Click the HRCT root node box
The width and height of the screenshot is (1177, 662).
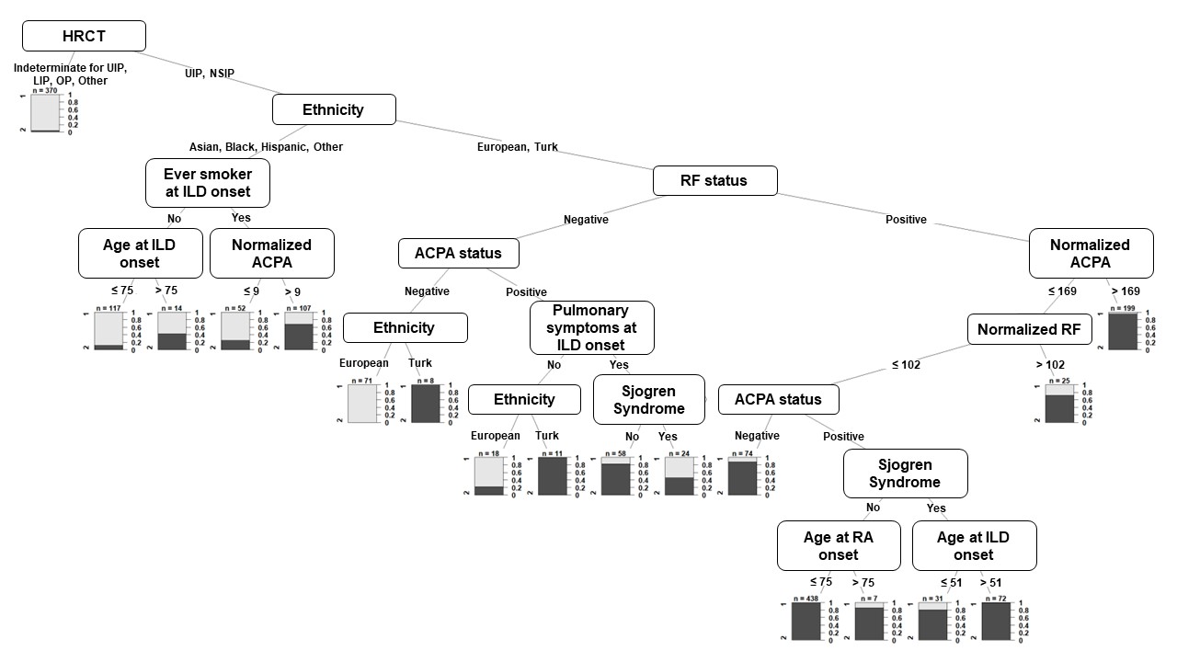point(84,36)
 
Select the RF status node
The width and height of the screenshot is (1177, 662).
point(714,180)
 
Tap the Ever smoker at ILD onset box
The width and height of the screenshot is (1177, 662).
point(208,183)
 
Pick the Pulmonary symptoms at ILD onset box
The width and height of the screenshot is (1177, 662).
point(591,328)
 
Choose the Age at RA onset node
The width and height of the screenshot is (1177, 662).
point(839,546)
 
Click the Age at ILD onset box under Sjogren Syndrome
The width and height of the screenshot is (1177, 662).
point(974,546)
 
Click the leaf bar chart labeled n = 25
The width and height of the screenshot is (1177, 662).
point(1059,404)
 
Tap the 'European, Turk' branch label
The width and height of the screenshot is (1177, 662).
point(517,146)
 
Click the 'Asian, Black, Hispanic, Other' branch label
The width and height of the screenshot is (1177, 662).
point(266,146)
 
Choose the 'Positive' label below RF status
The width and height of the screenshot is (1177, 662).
point(906,220)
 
